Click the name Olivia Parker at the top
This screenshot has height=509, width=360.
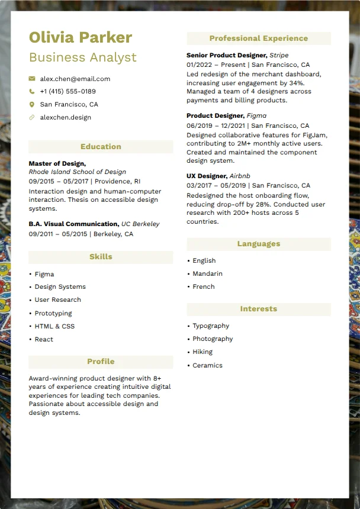pyautogui.click(x=81, y=38)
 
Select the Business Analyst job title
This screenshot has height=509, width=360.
pyautogui.click(x=82, y=57)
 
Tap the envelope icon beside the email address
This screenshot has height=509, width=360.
pyautogui.click(x=32, y=79)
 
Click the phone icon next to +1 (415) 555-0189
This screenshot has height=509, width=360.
pyautogui.click(x=32, y=92)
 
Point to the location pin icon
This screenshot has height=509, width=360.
pyautogui.click(x=32, y=104)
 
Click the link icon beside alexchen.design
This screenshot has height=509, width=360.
pyautogui.click(x=32, y=117)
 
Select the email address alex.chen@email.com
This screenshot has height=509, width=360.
pyautogui.click(x=75, y=79)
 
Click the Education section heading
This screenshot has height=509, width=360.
pyautogui.click(x=101, y=147)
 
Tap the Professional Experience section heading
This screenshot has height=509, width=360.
pyautogui.click(x=258, y=38)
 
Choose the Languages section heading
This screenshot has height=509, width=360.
pyautogui.click(x=258, y=244)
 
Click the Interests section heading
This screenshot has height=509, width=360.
pyautogui.click(x=258, y=309)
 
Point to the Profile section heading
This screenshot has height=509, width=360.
pyautogui.click(x=101, y=362)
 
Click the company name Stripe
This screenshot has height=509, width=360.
pyautogui.click(x=279, y=55)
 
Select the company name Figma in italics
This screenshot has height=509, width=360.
pyautogui.click(x=256, y=116)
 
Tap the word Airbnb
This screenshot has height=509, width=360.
pyautogui.click(x=240, y=176)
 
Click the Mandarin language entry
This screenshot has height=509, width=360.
pyautogui.click(x=207, y=273)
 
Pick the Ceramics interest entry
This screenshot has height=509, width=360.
pyautogui.click(x=207, y=365)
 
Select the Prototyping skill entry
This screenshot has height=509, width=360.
pyautogui.click(x=53, y=313)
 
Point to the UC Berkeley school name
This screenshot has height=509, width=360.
pyautogui.click(x=140, y=224)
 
